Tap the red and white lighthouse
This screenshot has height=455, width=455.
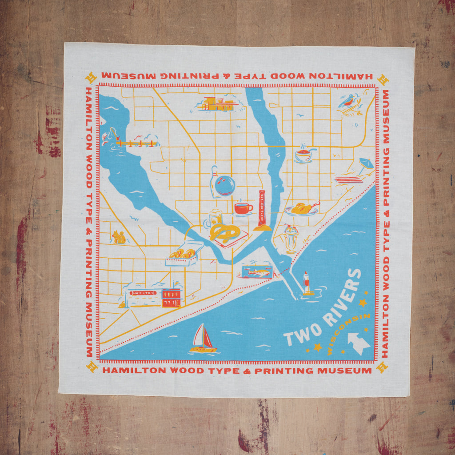tap(307, 283)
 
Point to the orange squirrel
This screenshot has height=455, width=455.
tap(119, 237)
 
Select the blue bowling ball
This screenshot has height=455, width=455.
tap(225, 185)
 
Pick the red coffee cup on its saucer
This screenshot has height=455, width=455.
tap(243, 208)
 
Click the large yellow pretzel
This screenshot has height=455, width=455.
tap(225, 232)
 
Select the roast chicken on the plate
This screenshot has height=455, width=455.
tap(302, 208)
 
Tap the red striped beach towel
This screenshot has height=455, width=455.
tap(348, 180)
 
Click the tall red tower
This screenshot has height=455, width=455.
tap(262, 209)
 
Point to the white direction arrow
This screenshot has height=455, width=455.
tap(359, 343)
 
